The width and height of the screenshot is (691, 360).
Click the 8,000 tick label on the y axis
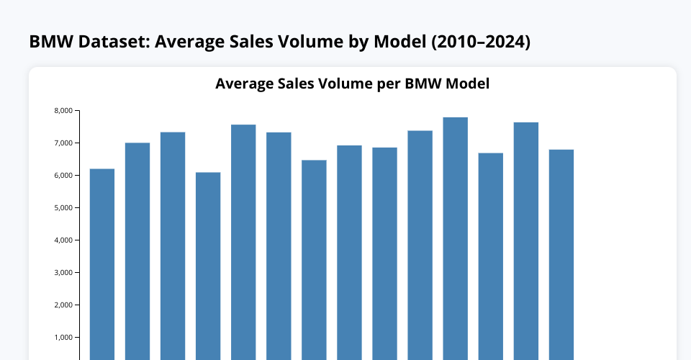coord(63,111)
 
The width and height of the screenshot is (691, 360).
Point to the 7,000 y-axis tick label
coord(63,143)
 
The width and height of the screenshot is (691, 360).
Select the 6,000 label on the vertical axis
coord(63,176)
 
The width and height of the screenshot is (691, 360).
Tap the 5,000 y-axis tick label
coord(63,208)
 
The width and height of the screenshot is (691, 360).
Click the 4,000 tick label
coord(63,240)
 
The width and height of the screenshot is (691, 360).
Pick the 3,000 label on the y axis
coord(63,273)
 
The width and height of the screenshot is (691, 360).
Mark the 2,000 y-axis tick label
coord(63,305)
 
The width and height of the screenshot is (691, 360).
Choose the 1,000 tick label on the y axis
coord(63,338)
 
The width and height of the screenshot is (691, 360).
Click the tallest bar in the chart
coord(455,238)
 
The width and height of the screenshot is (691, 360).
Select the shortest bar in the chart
coord(208,266)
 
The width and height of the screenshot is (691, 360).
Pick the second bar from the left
coord(137,251)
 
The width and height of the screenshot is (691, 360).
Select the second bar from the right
coord(525,241)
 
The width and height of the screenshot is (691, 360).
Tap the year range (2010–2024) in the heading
coord(482,42)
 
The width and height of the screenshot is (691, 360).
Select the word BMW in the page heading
coord(50,42)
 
